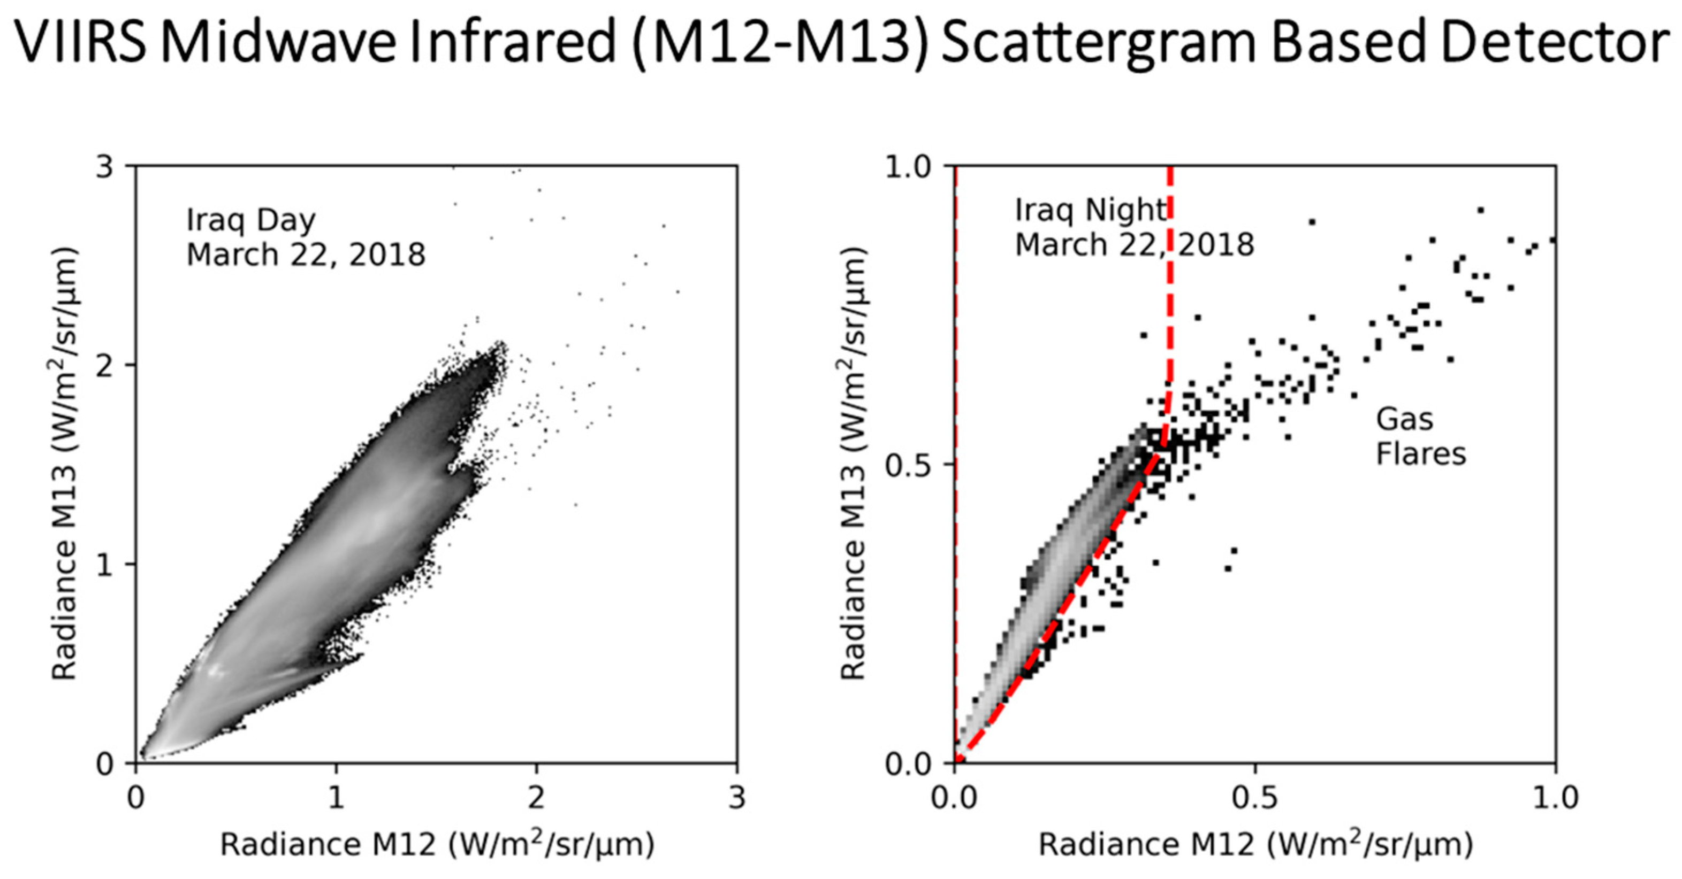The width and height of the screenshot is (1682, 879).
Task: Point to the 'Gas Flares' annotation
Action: pyautogui.click(x=1420, y=436)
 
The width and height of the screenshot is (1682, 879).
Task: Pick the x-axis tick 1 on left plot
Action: pyautogui.click(x=336, y=797)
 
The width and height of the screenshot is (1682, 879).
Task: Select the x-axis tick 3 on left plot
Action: pyautogui.click(x=736, y=797)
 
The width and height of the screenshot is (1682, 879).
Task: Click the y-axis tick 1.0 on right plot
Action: pyautogui.click(x=910, y=167)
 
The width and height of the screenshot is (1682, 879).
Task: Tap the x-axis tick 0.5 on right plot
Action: pyautogui.click(x=1255, y=797)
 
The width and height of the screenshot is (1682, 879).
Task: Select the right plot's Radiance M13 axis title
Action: pyautogui.click(x=854, y=465)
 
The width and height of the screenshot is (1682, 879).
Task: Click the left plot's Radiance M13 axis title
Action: pyautogui.click(x=65, y=465)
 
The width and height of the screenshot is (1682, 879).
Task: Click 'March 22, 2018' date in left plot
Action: pyautogui.click(x=306, y=255)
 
